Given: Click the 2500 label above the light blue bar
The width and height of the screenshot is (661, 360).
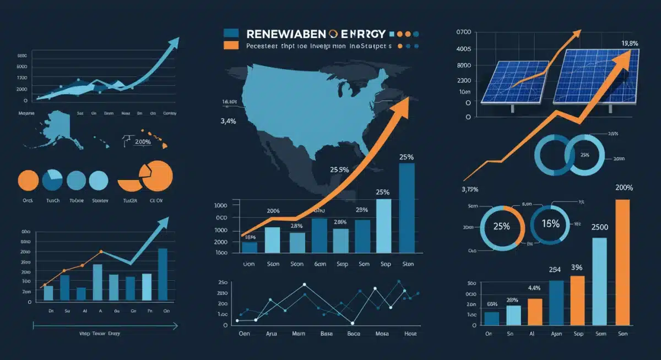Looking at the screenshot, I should (x=599, y=227).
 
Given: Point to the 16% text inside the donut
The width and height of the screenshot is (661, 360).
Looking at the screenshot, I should (x=550, y=224).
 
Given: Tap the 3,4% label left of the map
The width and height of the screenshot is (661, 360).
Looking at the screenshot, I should (x=229, y=122).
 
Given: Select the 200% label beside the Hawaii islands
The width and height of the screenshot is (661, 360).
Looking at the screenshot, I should (x=143, y=141).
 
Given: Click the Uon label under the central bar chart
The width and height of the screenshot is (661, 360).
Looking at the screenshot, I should (x=250, y=264).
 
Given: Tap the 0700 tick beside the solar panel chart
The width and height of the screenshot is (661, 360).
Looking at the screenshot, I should (x=463, y=33).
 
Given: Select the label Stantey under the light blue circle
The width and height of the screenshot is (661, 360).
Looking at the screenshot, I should (x=101, y=201).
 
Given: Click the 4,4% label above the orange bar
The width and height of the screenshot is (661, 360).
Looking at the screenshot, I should (x=534, y=288).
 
